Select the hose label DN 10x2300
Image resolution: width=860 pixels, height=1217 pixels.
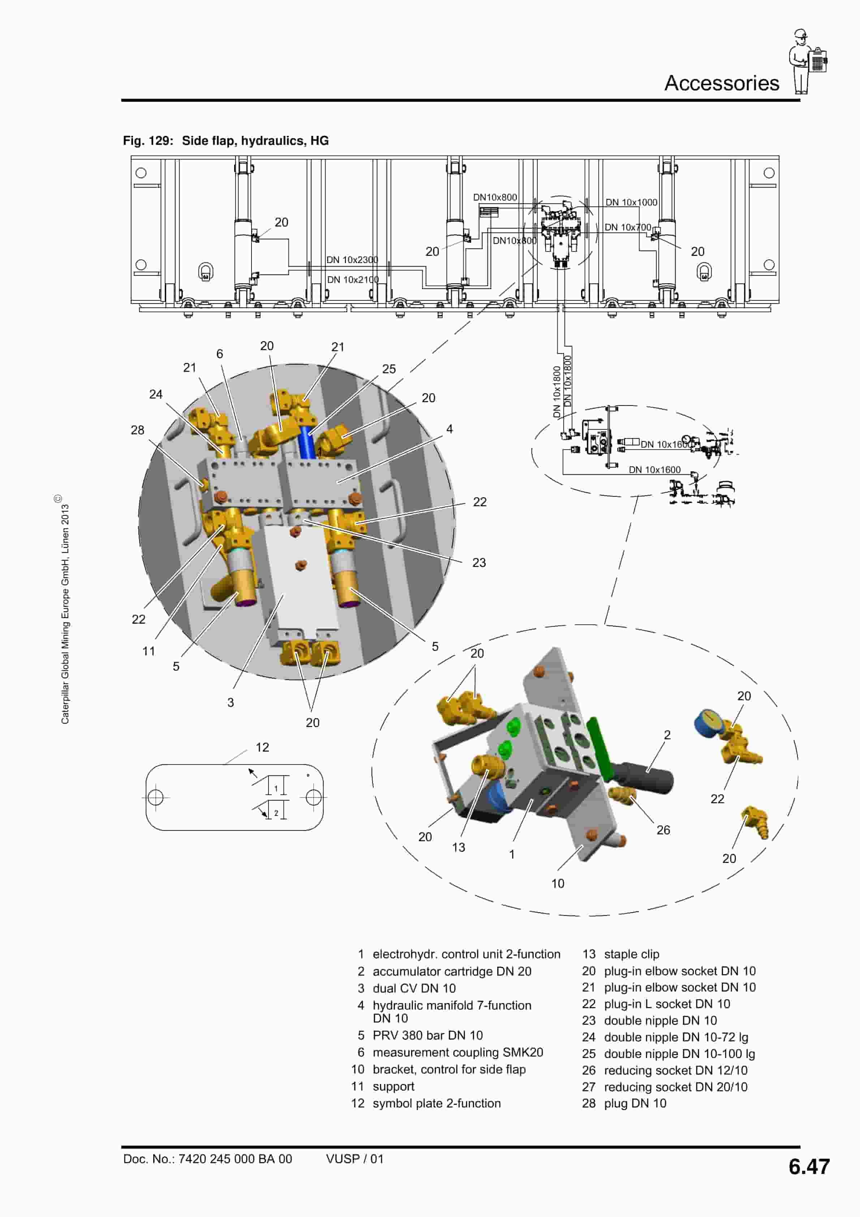point(352,260)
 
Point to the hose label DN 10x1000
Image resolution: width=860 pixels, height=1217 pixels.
point(631,202)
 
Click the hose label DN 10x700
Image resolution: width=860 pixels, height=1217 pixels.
point(627,227)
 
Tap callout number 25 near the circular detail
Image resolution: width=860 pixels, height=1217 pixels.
point(389,369)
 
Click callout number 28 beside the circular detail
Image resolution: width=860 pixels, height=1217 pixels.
point(137,430)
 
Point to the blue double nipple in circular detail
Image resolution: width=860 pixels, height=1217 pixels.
point(306,443)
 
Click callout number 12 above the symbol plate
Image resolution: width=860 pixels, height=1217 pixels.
point(262,747)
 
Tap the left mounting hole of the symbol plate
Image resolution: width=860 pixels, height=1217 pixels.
point(155,797)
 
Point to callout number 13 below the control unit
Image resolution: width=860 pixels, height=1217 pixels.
point(458,847)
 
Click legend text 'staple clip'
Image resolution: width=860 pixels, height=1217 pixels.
point(631,954)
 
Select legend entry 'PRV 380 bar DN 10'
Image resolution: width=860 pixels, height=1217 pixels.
point(427,1035)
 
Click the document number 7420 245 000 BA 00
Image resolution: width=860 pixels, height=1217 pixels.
point(235,1159)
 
